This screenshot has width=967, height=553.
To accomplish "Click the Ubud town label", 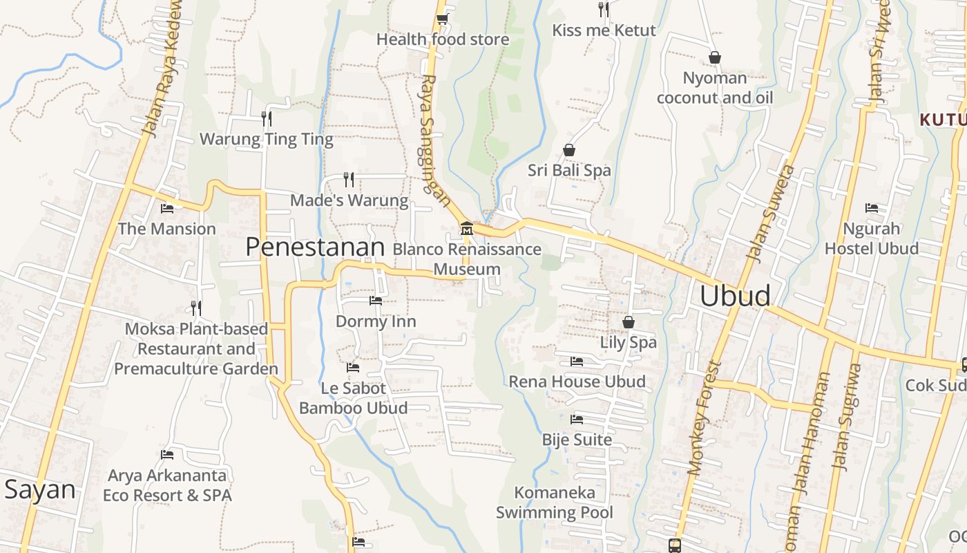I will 735,296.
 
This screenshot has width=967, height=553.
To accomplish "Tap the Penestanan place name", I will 315,247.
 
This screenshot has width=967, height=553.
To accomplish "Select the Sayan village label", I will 39,489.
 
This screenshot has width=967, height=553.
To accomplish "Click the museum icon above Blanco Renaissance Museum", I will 467,228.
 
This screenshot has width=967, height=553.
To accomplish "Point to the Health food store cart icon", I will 442,19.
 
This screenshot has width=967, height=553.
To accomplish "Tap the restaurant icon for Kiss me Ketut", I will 604,9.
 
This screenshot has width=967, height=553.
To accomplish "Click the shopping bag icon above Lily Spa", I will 629,322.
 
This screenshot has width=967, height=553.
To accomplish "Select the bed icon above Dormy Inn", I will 376,301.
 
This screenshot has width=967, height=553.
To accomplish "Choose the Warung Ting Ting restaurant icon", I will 267,119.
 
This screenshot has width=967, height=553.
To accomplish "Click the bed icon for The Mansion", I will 167,208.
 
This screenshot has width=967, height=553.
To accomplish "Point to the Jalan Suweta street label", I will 772,214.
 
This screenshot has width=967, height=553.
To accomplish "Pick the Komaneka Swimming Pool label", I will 555,503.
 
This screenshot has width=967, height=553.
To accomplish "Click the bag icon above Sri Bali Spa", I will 569,150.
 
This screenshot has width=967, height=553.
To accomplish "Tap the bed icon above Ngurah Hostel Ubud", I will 872,208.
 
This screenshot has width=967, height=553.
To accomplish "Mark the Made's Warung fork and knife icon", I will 349,180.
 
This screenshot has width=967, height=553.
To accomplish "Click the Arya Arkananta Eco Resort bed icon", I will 167,455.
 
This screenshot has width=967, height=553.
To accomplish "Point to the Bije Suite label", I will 577,440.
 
